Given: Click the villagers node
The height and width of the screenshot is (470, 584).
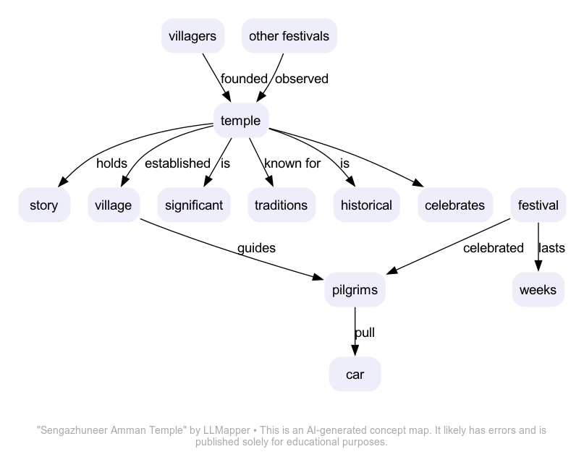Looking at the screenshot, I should (192, 36).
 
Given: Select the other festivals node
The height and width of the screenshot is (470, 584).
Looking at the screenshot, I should (289, 36).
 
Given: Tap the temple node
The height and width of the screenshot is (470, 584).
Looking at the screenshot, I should (240, 121).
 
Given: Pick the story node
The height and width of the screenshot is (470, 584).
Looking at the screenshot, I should (43, 205).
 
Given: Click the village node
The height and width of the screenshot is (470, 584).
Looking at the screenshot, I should (114, 205).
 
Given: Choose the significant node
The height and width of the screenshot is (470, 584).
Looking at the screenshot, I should (193, 205).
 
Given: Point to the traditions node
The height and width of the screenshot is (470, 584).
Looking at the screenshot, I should (281, 205).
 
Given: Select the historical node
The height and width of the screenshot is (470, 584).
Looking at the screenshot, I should (366, 205).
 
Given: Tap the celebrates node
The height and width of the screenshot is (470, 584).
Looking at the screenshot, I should (454, 205).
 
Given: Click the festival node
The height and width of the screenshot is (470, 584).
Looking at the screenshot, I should (538, 205).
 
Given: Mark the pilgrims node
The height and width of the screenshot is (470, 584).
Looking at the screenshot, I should (355, 290).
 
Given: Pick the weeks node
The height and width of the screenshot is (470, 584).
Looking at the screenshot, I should (538, 290).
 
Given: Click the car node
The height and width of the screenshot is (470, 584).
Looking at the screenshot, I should (355, 375).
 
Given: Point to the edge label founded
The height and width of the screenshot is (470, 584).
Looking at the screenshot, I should (244, 79).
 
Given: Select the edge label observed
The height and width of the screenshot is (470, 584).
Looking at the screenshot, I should (302, 79).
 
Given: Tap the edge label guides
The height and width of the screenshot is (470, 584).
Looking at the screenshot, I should (256, 248).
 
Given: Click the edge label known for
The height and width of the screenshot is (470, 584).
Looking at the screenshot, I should (292, 163).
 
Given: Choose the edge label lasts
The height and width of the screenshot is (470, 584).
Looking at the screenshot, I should (551, 248).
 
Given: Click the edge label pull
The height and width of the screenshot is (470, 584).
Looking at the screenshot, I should (365, 333).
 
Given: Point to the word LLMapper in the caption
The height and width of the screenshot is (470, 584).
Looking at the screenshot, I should (227, 430).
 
